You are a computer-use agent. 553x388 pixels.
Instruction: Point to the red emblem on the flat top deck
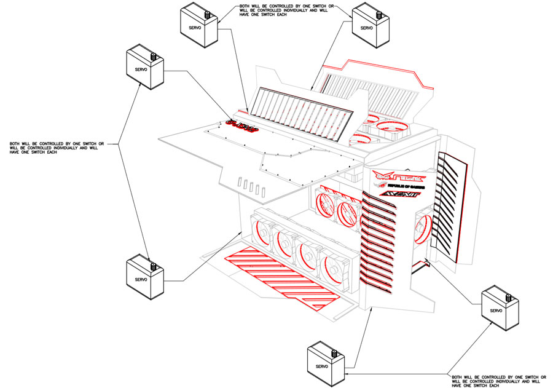(x=241, y=127)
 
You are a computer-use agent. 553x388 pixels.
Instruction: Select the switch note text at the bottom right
(x=495, y=381)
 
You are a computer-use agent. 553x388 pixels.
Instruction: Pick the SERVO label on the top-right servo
(x=367, y=28)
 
